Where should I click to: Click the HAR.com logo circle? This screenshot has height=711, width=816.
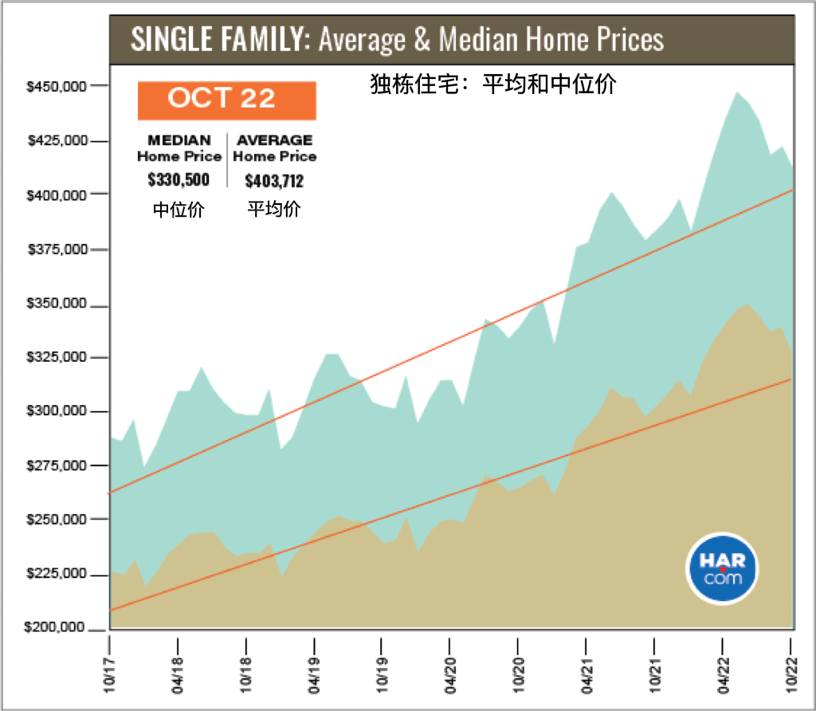click(722, 568)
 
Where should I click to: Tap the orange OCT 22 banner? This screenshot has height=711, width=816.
click(227, 100)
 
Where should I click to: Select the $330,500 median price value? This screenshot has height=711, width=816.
click(178, 179)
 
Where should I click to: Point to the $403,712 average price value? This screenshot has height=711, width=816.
click(274, 181)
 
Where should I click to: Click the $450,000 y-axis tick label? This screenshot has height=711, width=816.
click(57, 86)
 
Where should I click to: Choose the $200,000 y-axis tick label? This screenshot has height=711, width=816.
click(54, 627)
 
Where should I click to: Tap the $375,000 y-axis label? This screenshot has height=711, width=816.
click(57, 249)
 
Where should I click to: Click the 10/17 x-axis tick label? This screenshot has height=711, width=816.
click(109, 675)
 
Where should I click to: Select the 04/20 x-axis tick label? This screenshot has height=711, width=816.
click(450, 675)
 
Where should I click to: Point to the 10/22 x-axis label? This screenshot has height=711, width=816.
click(791, 675)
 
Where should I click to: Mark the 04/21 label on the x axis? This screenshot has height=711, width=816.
click(586, 675)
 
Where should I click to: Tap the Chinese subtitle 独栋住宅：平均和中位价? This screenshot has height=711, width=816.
click(493, 84)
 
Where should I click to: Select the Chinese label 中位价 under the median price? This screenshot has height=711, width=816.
click(178, 210)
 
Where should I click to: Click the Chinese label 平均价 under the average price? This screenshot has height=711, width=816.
click(274, 209)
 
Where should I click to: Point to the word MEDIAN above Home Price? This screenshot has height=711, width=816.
click(179, 140)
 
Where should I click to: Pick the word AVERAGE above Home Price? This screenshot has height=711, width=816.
click(275, 140)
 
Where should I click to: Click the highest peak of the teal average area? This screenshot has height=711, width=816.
click(736, 92)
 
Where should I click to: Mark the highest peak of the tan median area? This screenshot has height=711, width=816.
click(747, 304)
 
